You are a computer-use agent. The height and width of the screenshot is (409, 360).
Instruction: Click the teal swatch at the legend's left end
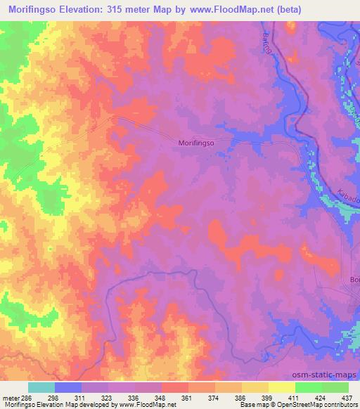tap(41, 387)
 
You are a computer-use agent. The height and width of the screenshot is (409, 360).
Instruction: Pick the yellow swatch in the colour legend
tap(282, 387)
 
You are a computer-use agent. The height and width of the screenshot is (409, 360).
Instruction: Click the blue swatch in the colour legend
tap(68, 387)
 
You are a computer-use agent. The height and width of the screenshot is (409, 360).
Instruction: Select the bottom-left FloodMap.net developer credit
tap(88, 405)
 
